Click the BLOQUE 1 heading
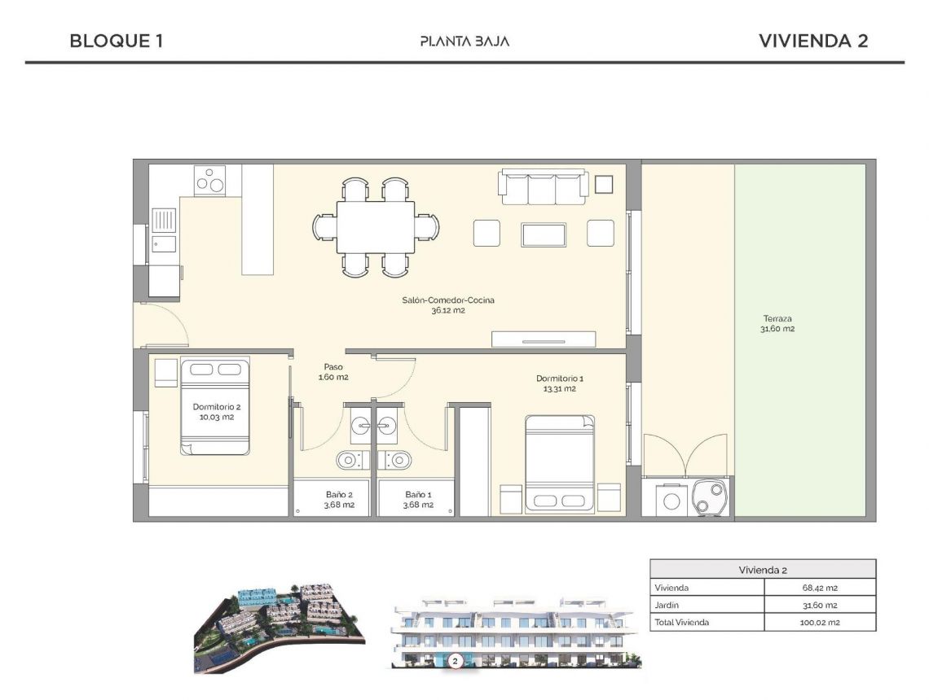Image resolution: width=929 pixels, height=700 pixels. pos(117,41)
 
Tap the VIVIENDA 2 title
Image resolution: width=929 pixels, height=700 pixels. pos(812,41)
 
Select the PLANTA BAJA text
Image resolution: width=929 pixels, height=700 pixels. pos(464,41)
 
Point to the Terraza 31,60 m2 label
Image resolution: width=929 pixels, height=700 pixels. pos(777,324)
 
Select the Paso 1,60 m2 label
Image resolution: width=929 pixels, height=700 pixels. pos(333,372)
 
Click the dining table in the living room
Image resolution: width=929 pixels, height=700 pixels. pos(376,227)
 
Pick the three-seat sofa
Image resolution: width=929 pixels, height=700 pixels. pos(544,187)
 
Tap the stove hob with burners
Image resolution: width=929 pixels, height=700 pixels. pos(209,179)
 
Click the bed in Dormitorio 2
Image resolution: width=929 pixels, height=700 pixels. pos(214,406)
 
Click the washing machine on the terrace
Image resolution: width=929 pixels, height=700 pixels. pos(671,499)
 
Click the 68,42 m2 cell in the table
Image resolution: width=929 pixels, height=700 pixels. pos(820,588)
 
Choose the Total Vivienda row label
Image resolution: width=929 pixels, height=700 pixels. pos(681,622)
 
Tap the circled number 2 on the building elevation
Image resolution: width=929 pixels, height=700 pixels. pos(455,661)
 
